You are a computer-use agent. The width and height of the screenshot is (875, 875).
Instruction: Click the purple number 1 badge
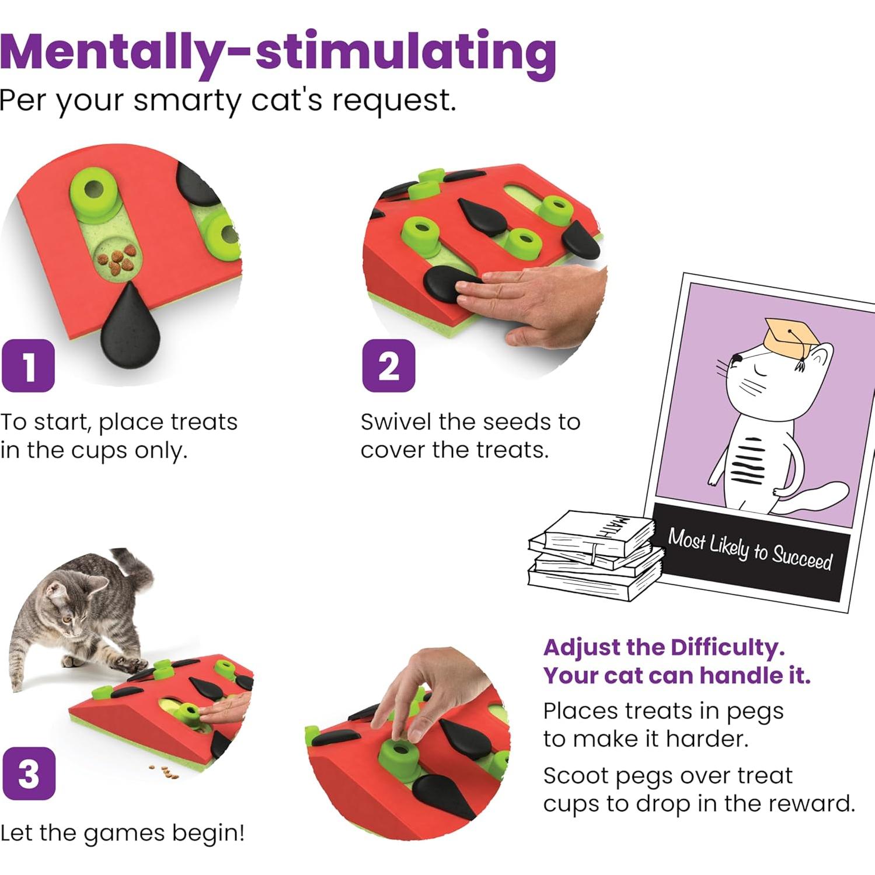(x=28, y=366)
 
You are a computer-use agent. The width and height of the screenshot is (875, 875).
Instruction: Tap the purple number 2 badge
(x=389, y=366)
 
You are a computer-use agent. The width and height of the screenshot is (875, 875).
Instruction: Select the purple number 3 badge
(x=29, y=773)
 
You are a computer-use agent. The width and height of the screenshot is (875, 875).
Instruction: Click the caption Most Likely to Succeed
(x=750, y=548)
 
